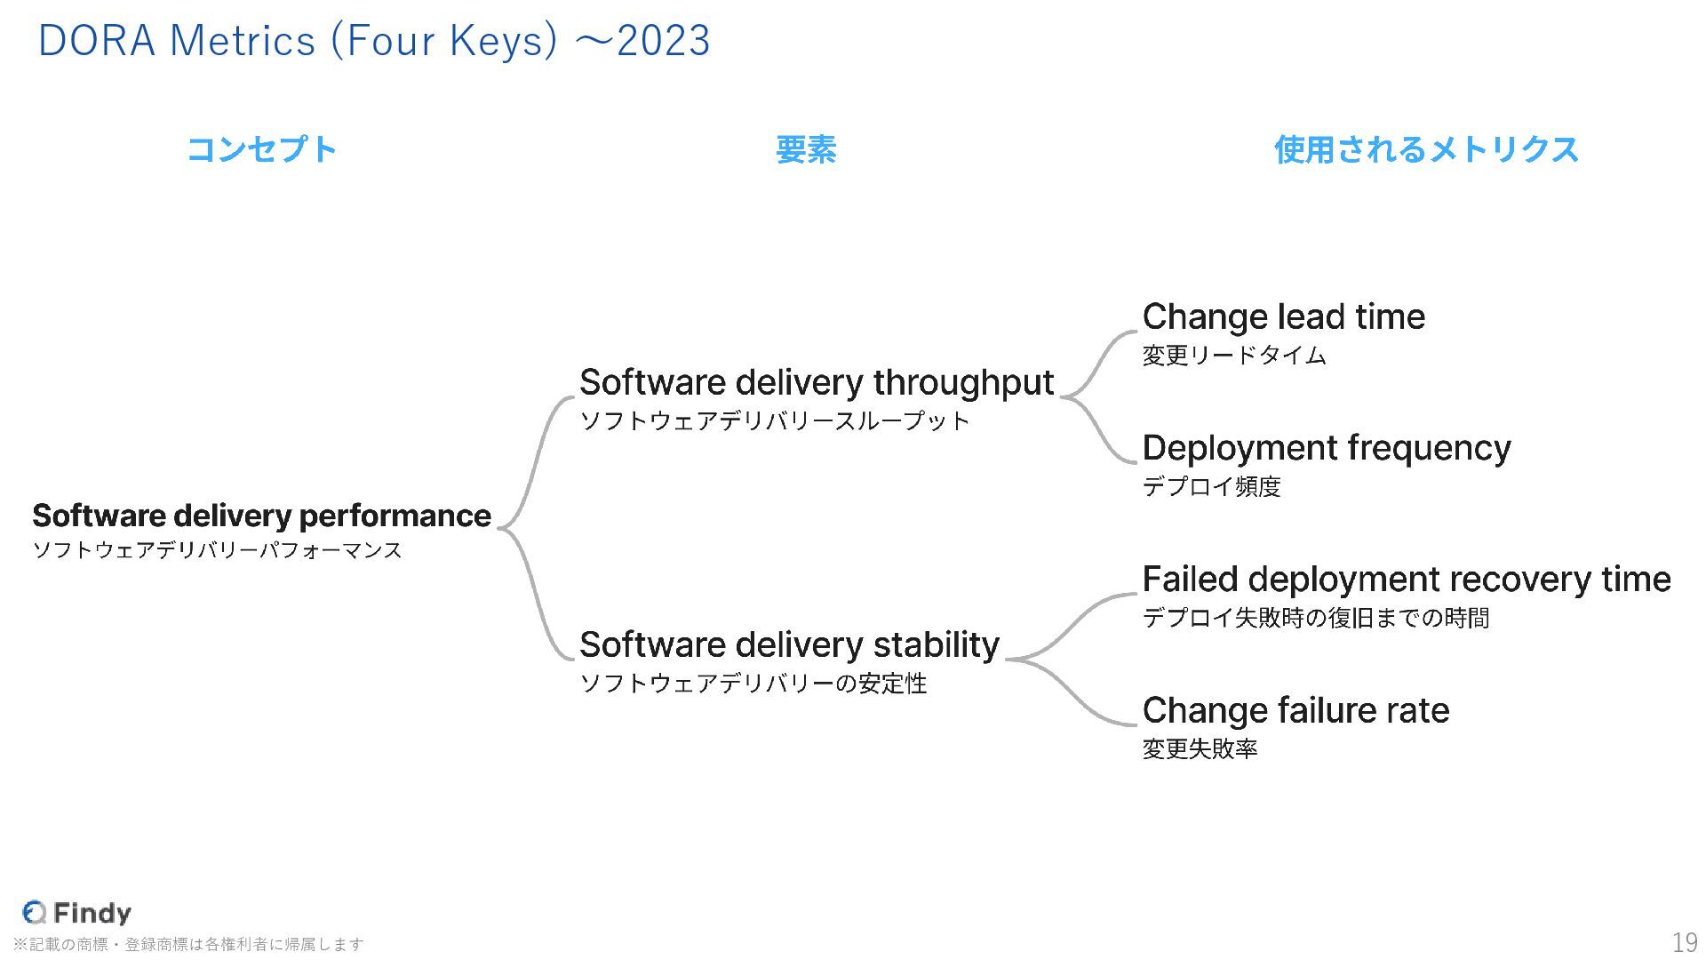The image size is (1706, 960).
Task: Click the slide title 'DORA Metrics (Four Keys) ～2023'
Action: pyautogui.click(x=374, y=41)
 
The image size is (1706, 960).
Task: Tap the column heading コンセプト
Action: pyautogui.click(x=262, y=149)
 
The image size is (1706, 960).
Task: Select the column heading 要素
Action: pyautogui.click(x=806, y=149)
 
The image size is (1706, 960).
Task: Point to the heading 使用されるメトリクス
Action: pyautogui.click(x=1426, y=149)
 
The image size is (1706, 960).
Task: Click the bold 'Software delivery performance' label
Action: pyautogui.click(x=261, y=516)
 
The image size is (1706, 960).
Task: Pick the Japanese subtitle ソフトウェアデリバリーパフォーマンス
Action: pyautogui.click(x=217, y=550)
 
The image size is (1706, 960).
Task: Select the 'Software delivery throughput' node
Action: pyautogui.click(x=816, y=382)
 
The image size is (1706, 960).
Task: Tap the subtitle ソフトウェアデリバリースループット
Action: pyautogui.click(x=774, y=420)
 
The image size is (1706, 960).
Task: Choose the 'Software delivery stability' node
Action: pyautogui.click(x=789, y=644)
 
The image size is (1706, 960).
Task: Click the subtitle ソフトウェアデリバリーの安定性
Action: pyautogui.click(x=753, y=684)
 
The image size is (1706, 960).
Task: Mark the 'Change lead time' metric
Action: pyautogui.click(x=1283, y=316)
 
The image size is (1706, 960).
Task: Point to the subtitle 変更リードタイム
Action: pyautogui.click(x=1233, y=356)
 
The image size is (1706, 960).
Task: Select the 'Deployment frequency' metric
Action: pyautogui.click(x=1326, y=448)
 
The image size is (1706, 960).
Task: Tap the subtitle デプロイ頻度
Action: pyautogui.click(x=1211, y=486)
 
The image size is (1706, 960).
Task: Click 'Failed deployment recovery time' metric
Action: pyautogui.click(x=1406, y=580)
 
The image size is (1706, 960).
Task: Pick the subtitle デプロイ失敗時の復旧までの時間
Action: pyautogui.click(x=1315, y=618)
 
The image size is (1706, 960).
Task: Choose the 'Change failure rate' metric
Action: pyautogui.click(x=1295, y=710)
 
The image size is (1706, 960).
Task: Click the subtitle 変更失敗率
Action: pyautogui.click(x=1200, y=748)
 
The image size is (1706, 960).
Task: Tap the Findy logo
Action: pyautogui.click(x=77, y=913)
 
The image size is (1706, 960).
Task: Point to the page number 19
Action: pyautogui.click(x=1684, y=942)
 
